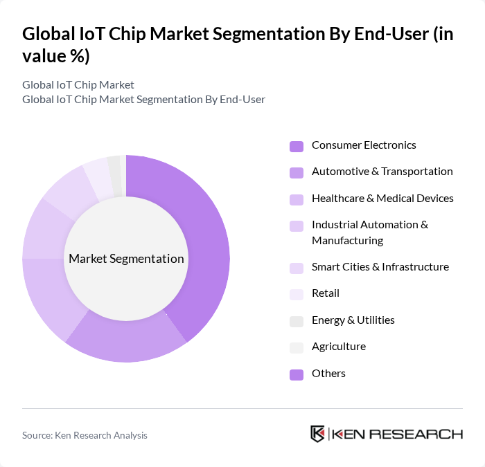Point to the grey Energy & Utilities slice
click(114, 167)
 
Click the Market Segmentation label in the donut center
click(126, 259)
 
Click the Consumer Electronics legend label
click(364, 145)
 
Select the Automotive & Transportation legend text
click(382, 172)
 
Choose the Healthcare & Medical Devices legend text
click(382, 199)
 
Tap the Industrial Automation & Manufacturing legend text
click(370, 232)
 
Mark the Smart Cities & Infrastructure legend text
click(380, 267)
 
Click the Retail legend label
click(326, 293)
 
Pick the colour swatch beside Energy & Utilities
click(297, 321)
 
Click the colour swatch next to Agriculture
click(297, 347)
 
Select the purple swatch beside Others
click(297, 374)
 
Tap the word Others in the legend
click(328, 374)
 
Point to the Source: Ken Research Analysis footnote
click(85, 435)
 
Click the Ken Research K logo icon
click(317, 434)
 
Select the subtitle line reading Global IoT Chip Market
click(78, 85)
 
